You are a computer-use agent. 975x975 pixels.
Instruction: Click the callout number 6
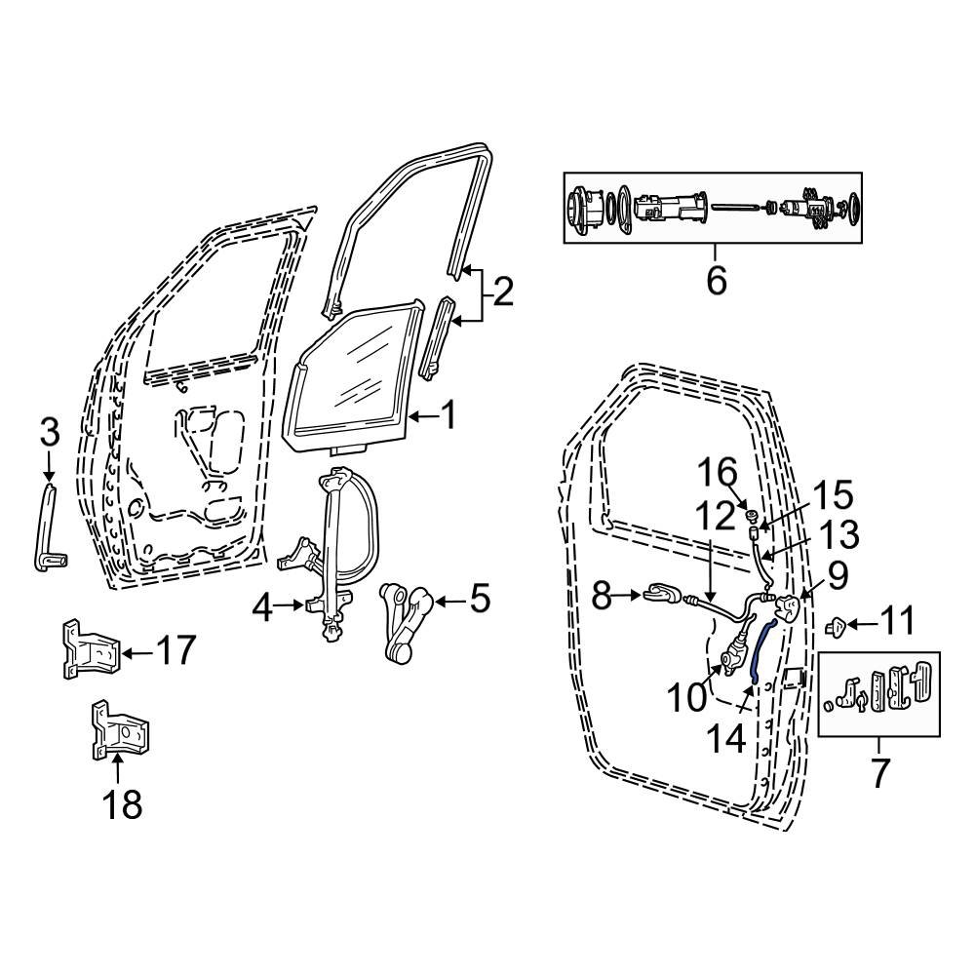[716, 282]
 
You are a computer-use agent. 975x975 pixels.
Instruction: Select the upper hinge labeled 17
[87, 649]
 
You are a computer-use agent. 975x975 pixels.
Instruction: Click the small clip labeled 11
[836, 625]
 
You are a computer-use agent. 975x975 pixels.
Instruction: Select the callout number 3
[49, 432]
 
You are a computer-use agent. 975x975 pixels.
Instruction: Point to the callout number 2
[502, 292]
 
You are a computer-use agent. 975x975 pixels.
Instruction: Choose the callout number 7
[878, 773]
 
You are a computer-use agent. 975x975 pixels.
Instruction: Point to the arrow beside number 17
[137, 651]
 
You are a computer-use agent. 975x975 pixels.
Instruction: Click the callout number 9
[838, 575]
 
